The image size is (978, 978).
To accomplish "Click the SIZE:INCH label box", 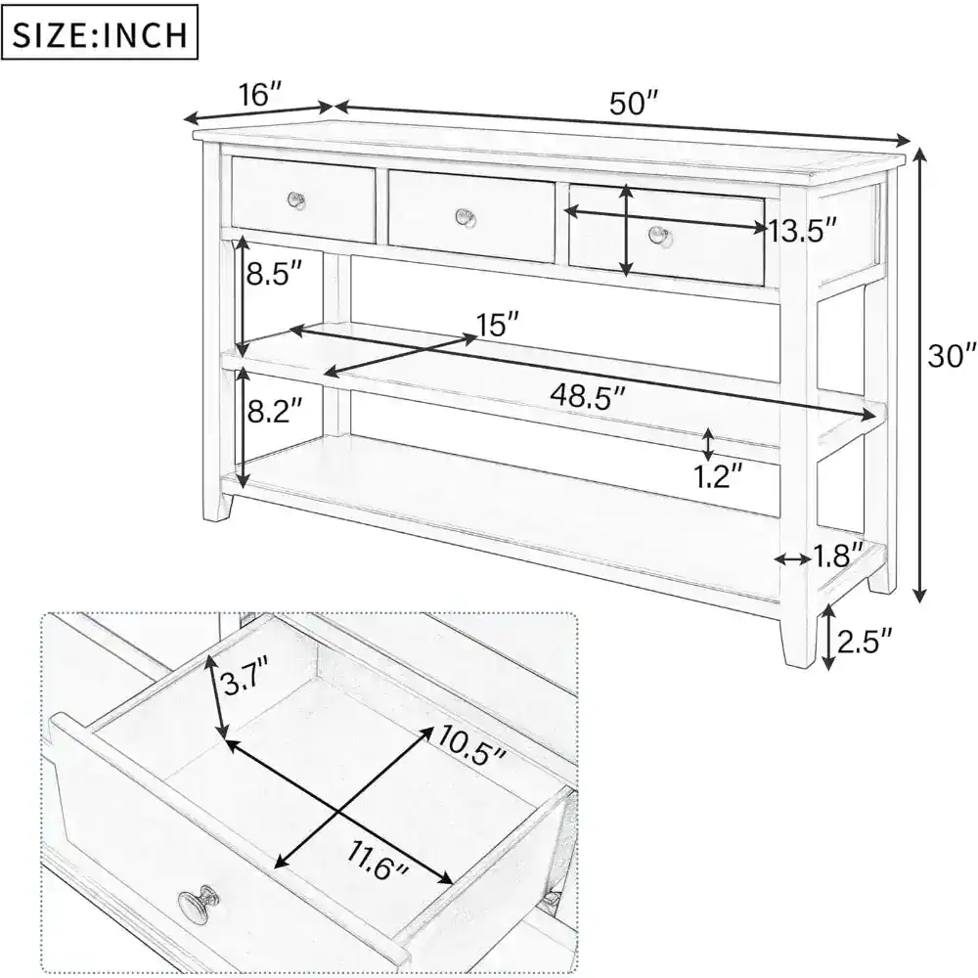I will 101,35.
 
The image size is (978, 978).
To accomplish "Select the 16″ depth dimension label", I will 260,95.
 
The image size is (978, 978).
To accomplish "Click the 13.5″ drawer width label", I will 803,231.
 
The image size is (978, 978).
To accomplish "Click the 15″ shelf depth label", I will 498,323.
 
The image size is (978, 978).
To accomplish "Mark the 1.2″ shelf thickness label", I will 717,476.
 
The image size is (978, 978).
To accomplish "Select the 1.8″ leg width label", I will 837,556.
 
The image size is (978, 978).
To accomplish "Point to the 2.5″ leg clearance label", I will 866,642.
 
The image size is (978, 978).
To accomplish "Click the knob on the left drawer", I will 297,200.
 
